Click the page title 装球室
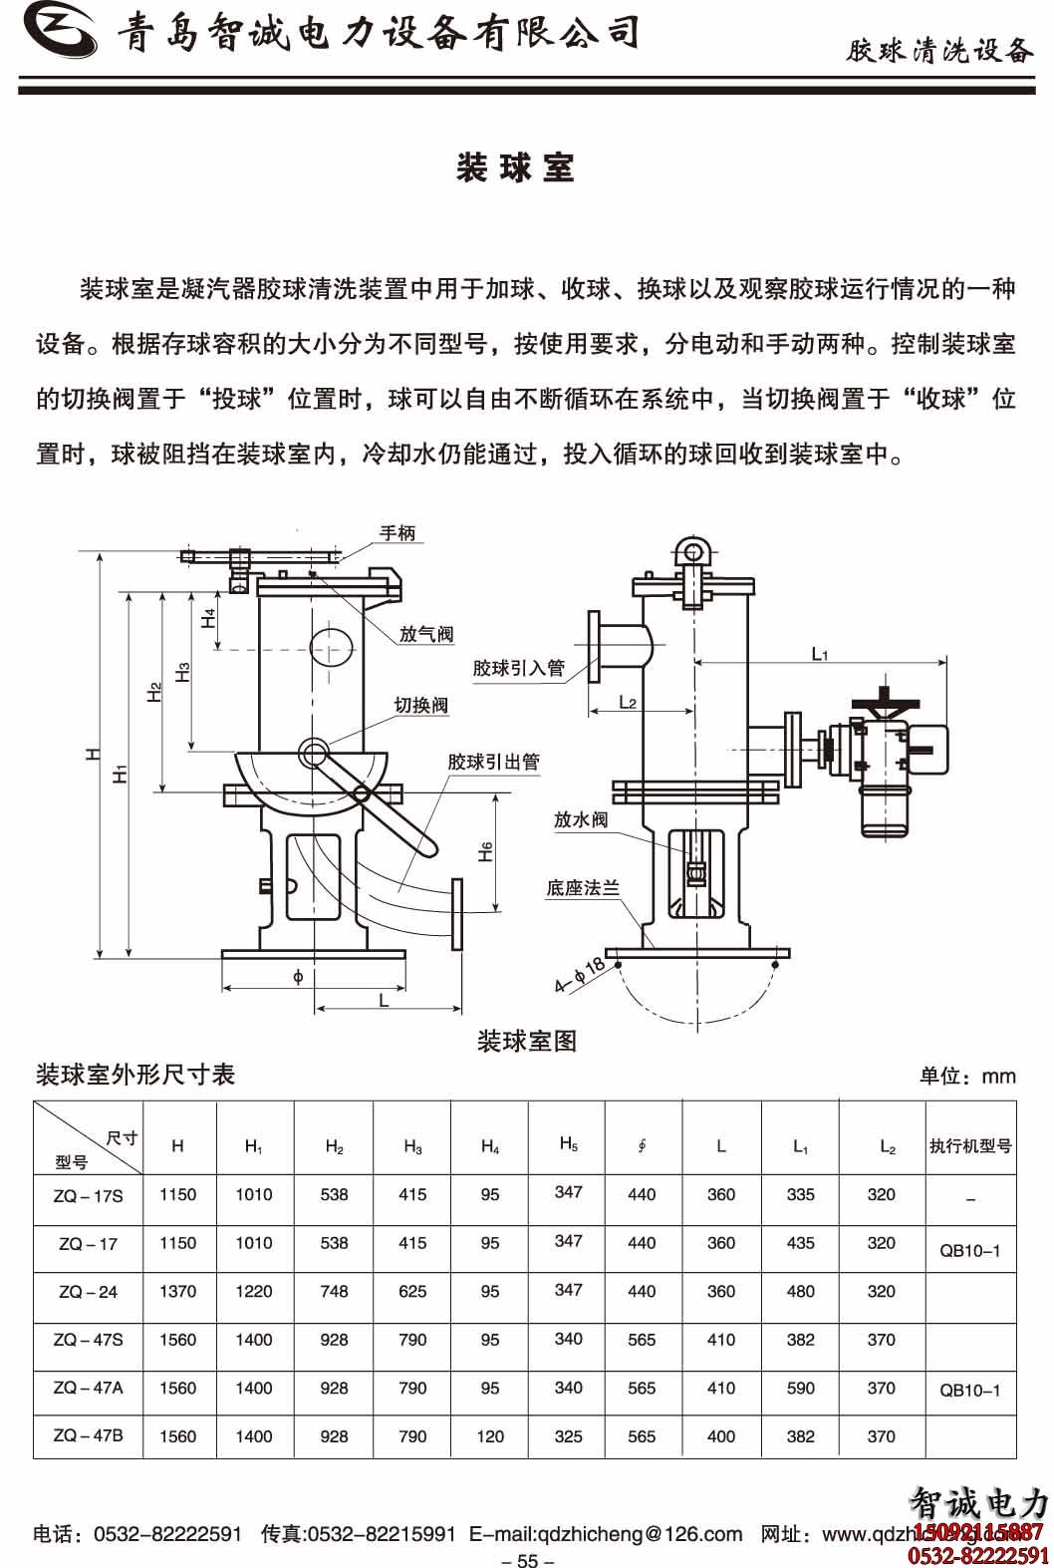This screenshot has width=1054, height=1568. (x=515, y=168)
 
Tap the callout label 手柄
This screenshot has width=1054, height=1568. (x=397, y=533)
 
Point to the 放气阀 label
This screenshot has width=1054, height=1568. (x=426, y=634)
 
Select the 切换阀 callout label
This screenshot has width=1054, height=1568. (x=420, y=706)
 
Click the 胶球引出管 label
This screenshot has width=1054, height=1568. (x=493, y=763)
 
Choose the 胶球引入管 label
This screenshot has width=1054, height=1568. (x=518, y=668)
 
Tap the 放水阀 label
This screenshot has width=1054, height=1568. (x=581, y=819)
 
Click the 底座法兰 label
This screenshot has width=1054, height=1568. (x=583, y=887)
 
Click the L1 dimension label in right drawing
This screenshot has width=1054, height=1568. (x=820, y=655)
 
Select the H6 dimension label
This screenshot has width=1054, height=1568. (x=485, y=852)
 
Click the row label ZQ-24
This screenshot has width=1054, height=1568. (x=88, y=1292)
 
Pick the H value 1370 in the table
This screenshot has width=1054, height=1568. (x=178, y=1292)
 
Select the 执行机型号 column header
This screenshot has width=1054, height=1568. (x=970, y=1146)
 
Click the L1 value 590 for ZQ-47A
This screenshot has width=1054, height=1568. (x=801, y=1388)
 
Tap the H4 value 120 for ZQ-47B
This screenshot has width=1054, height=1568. (x=490, y=1436)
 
